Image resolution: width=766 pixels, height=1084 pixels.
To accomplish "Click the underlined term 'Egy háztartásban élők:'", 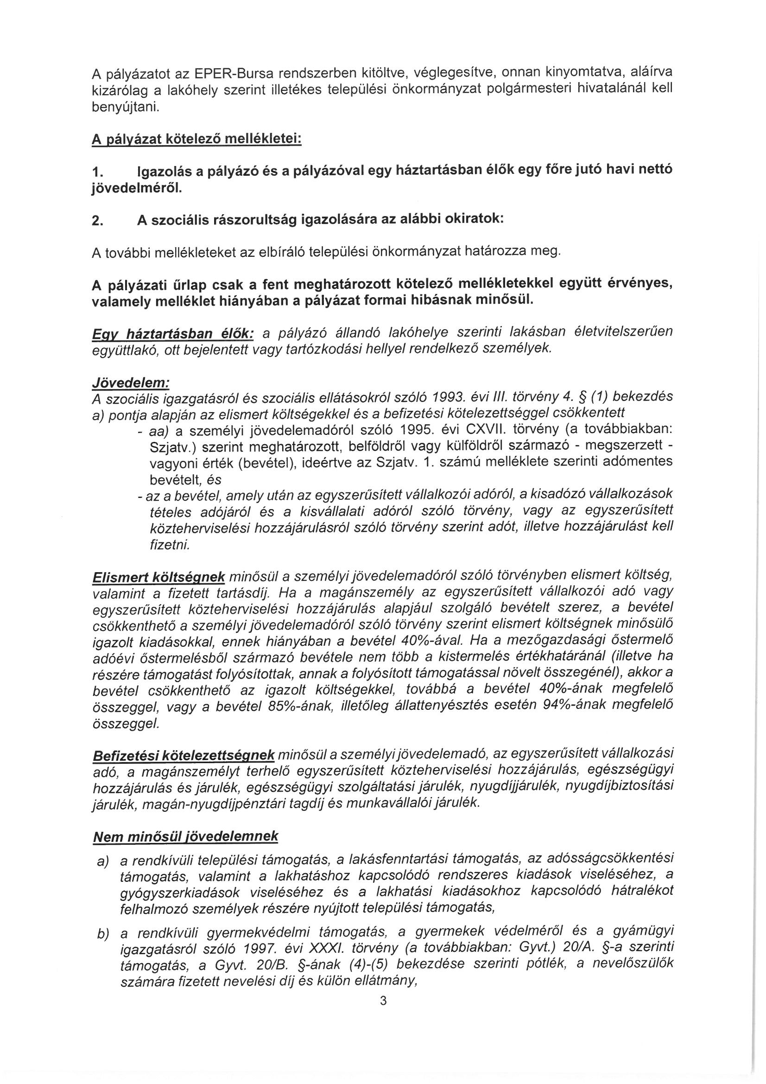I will tap(173, 333).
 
